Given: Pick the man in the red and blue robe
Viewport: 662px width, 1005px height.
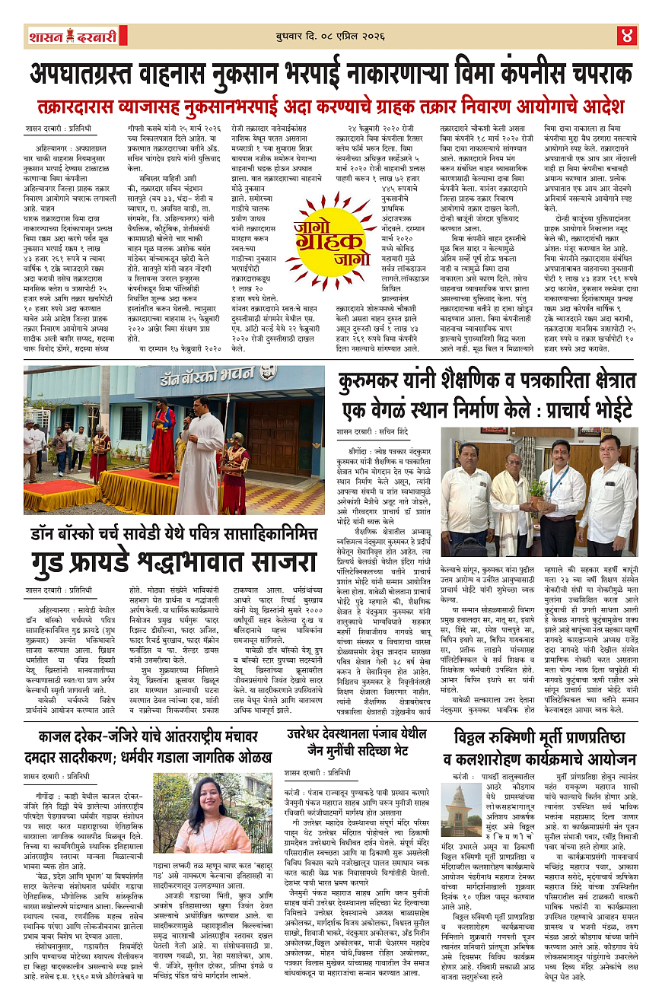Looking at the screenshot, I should click(161, 438).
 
